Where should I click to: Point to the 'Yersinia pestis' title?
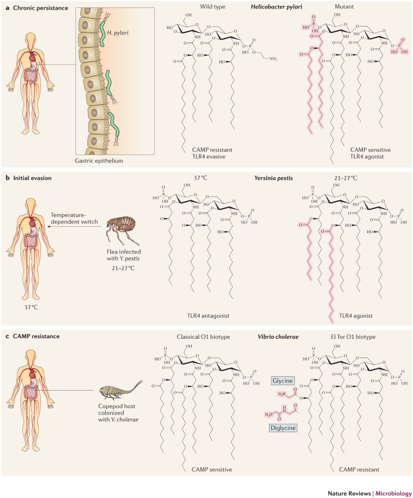coord(273,179)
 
